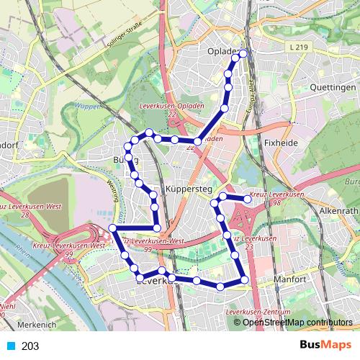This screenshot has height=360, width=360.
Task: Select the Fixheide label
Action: tap(281, 143)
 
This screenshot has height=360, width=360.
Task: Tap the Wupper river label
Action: tap(85, 107)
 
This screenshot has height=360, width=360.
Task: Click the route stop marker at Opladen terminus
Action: tap(243, 53)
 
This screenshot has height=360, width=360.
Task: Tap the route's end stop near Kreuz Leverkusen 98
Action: tap(248, 199)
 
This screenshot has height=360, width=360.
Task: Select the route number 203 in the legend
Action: tap(30, 346)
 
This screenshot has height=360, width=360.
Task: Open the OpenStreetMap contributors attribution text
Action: tap(297, 322)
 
